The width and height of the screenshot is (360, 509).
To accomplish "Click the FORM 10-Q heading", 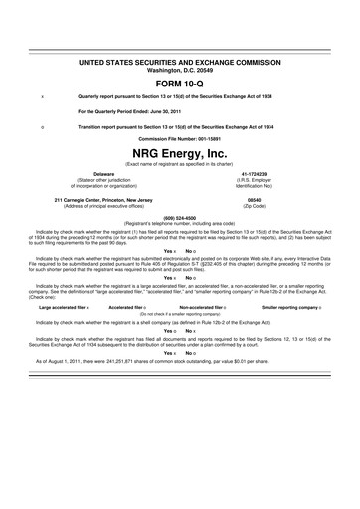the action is pyautogui.click(x=179, y=83).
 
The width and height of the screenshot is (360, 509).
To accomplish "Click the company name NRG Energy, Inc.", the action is pyautogui.click(x=179, y=153).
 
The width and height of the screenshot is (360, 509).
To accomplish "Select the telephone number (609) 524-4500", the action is pyautogui.click(x=179, y=217).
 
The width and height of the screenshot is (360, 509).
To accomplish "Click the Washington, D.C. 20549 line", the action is pyautogui.click(x=179, y=69).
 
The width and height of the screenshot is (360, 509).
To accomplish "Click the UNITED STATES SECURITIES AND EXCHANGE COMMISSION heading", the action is pyautogui.click(x=179, y=62).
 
